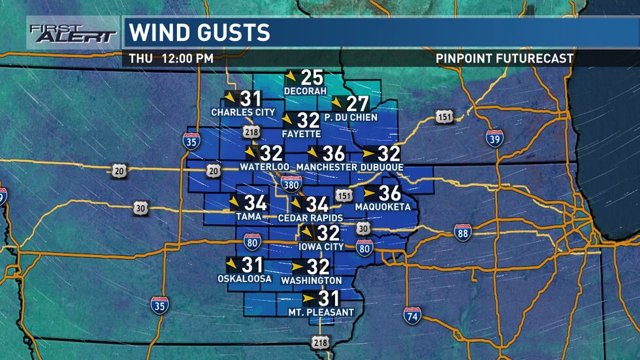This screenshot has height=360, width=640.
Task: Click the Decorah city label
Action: pyautogui.click(x=304, y=90)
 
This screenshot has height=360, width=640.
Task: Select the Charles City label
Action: pyautogui.click(x=243, y=112)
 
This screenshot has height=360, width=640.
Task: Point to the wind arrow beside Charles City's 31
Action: pyautogui.click(x=231, y=99)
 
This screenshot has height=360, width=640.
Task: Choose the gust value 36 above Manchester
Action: pyautogui.click(x=333, y=154)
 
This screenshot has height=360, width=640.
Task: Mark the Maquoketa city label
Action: pyautogui.click(x=383, y=207)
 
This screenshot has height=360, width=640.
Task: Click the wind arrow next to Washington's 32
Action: pyautogui.click(x=298, y=267)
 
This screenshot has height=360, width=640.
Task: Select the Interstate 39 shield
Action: pyautogui.click(x=494, y=138)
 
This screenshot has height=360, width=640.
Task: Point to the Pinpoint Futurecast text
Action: pyautogui.click(x=505, y=58)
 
